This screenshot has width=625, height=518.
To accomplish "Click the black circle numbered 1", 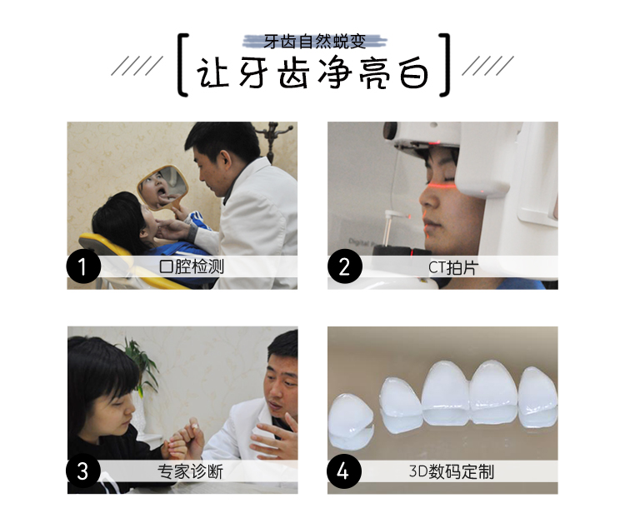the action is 83,266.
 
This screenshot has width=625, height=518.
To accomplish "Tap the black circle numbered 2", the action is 345,266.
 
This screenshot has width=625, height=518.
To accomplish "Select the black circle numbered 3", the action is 83,471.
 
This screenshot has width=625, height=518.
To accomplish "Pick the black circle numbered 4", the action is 344,471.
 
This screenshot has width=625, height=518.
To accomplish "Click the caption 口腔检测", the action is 192,266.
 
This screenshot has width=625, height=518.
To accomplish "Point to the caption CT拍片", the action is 452,267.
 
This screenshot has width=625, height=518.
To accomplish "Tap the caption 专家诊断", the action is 190,471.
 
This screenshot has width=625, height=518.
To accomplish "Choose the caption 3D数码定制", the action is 452,471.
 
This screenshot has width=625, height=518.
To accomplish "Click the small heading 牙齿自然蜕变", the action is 314,42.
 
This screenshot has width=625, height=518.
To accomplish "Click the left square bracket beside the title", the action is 182,65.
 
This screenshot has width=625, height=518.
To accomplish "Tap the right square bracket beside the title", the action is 446,65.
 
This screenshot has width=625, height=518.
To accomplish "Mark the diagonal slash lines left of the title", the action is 137,66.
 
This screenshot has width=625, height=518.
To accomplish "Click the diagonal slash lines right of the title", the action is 487,66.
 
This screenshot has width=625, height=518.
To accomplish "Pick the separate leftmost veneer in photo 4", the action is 351,421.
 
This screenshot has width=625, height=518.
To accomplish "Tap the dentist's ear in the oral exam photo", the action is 227,159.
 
